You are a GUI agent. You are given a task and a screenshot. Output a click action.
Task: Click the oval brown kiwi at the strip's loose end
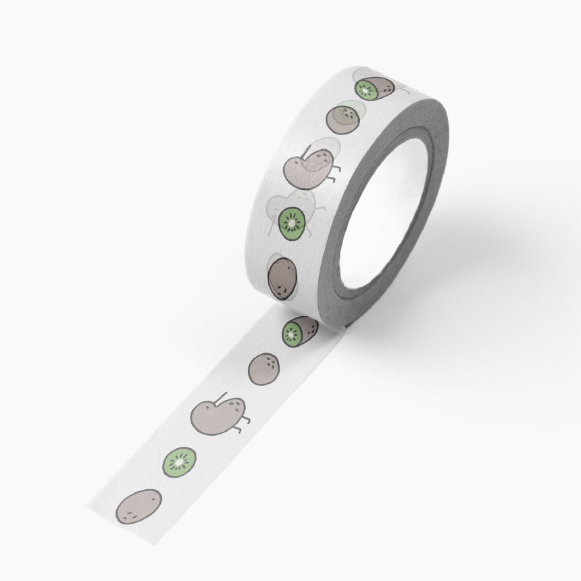coord(138,505)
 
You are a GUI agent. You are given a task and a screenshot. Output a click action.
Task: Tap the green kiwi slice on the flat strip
coord(179,461)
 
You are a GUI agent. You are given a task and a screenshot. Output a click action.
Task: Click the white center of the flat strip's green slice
coord(179,461)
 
